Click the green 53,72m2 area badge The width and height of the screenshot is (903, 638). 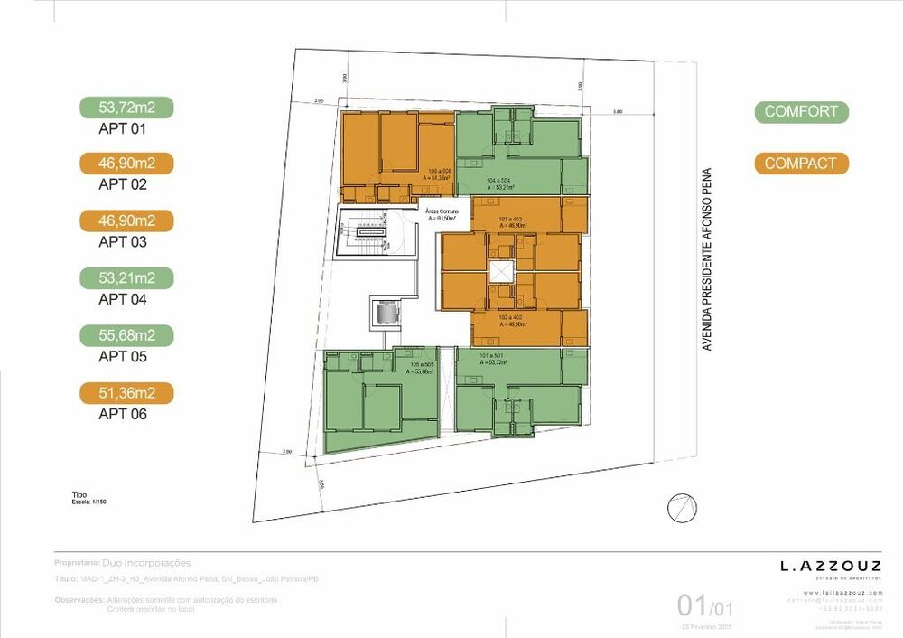[x=126, y=108]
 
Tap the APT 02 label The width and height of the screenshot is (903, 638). [x=122, y=184]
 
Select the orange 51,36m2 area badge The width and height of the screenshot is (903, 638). [x=126, y=393]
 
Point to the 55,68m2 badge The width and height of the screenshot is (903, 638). [x=126, y=335]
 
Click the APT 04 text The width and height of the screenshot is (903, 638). [x=122, y=299]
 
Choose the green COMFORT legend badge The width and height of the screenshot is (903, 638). [x=801, y=112]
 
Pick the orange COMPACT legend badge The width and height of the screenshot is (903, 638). [x=801, y=164]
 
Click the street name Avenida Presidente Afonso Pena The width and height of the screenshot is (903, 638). [x=707, y=259]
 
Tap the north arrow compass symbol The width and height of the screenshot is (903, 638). [x=679, y=510]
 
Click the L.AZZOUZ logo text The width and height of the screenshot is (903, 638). [x=830, y=567]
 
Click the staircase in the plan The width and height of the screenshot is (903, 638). [x=368, y=232]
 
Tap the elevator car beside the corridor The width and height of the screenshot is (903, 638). [x=388, y=313]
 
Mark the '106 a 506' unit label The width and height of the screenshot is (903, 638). [x=440, y=172]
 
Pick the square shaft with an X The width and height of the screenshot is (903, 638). [x=499, y=273]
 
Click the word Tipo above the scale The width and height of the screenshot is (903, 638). [x=79, y=495]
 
